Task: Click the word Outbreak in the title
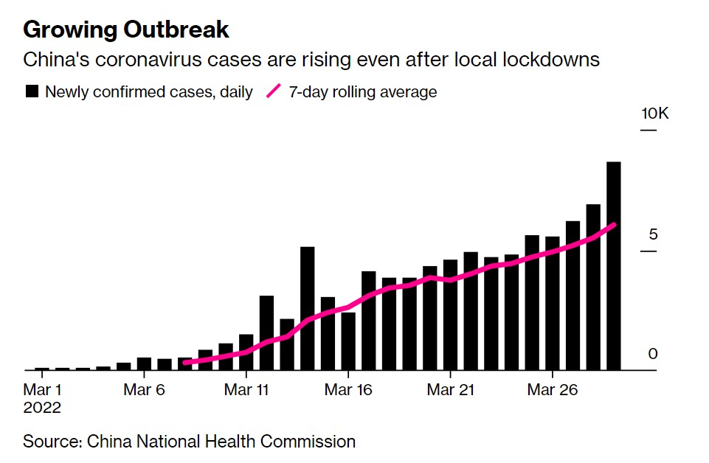click(x=176, y=29)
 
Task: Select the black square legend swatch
click(x=32, y=91)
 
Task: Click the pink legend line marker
click(x=274, y=91)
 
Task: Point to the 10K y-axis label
click(x=654, y=114)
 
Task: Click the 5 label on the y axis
click(x=653, y=234)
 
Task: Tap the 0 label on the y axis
click(x=652, y=354)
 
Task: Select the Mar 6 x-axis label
click(x=144, y=389)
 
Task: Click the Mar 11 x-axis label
click(x=246, y=389)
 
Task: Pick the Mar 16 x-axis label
click(x=348, y=389)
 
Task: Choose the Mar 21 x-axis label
click(x=450, y=389)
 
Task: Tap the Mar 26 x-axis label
click(x=553, y=389)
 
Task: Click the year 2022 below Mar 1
click(x=42, y=408)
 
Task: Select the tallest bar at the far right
click(x=614, y=266)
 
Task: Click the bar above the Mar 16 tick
click(x=348, y=341)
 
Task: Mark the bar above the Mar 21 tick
click(x=450, y=315)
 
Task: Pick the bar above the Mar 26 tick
click(x=553, y=304)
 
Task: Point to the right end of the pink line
click(x=614, y=225)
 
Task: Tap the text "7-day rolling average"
click(x=363, y=91)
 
